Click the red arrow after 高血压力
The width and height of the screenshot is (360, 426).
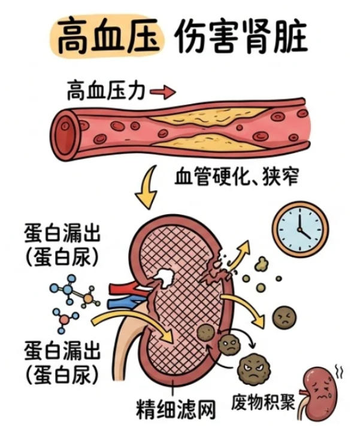(x=163, y=92)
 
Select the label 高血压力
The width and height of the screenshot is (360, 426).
(x=106, y=90)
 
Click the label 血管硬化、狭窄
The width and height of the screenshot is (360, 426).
(x=237, y=177)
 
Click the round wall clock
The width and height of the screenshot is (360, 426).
(x=301, y=229)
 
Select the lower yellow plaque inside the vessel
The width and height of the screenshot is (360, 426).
(x=207, y=142)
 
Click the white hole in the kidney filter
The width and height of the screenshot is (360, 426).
(x=164, y=278)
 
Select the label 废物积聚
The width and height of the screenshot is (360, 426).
(x=263, y=402)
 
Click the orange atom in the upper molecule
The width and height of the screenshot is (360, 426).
(x=88, y=299)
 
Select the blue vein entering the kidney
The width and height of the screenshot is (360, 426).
(x=126, y=302)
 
